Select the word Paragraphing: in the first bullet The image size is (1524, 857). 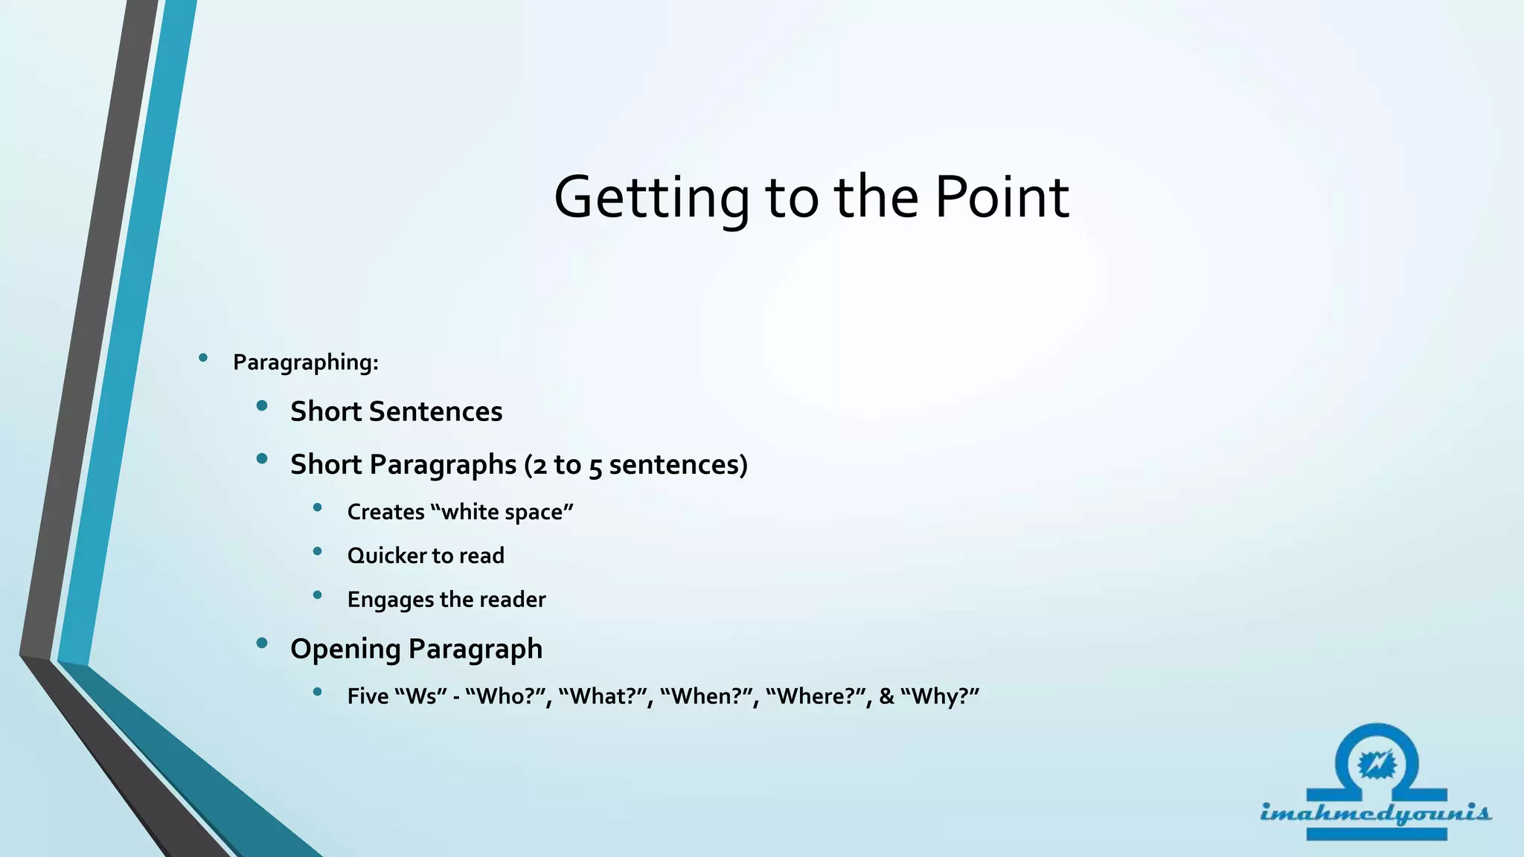306,362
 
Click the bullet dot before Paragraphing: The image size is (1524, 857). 203,359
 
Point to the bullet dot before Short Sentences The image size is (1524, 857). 262,406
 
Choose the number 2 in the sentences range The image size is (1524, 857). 540,466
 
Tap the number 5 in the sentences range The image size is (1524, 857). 595,466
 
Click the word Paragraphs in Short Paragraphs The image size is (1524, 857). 443,465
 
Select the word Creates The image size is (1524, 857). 385,512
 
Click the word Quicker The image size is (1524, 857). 386,556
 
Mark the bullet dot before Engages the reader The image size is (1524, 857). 318,595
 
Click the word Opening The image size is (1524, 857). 345,649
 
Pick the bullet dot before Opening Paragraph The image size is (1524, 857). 262,643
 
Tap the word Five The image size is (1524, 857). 368,696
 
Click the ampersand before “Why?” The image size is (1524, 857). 886,696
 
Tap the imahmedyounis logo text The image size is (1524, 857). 1375,812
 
